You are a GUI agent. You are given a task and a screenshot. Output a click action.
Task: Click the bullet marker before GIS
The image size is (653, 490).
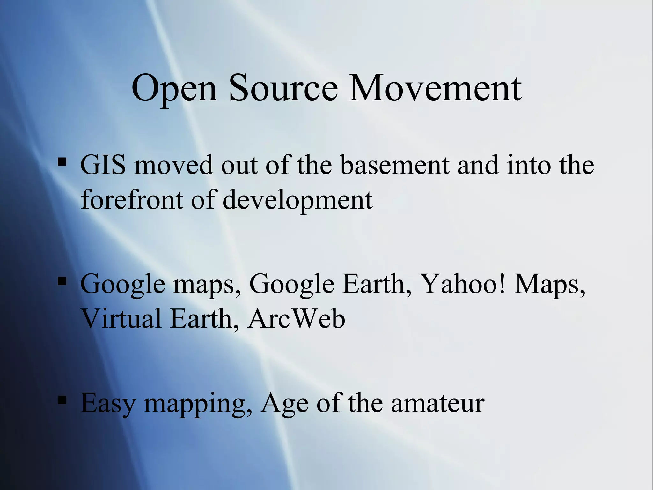(62, 162)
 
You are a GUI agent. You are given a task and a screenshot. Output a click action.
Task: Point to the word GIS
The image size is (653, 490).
(103, 165)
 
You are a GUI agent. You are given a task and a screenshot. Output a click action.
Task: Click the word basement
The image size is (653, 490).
(395, 165)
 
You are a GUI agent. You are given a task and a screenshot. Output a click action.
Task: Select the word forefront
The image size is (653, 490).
(132, 200)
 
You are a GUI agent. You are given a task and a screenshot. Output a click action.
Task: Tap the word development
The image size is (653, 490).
(297, 200)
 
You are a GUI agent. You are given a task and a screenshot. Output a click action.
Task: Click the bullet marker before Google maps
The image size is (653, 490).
(62, 281)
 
